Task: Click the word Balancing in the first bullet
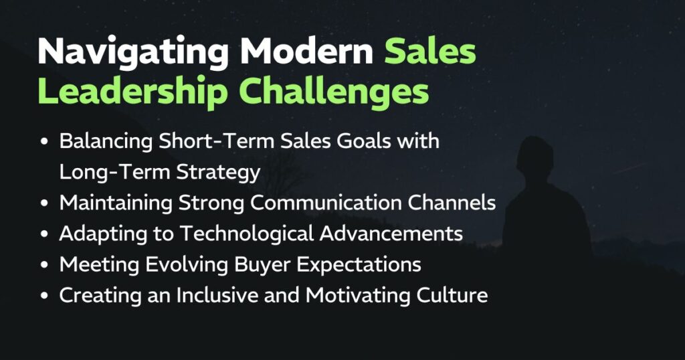(x=106, y=142)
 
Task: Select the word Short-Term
(x=216, y=141)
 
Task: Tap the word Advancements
(x=391, y=234)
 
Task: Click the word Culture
(x=452, y=295)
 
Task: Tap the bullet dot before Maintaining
(x=44, y=203)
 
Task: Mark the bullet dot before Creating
(x=44, y=296)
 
